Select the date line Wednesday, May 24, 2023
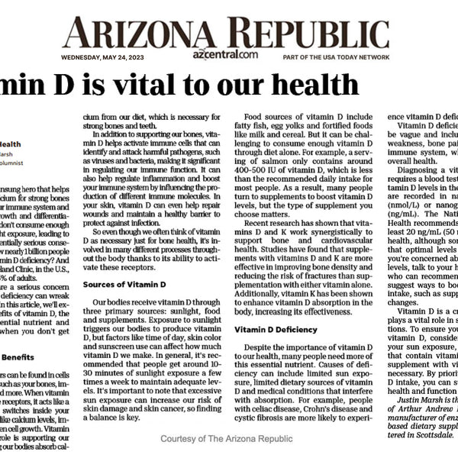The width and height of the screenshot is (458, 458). (106, 56)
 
